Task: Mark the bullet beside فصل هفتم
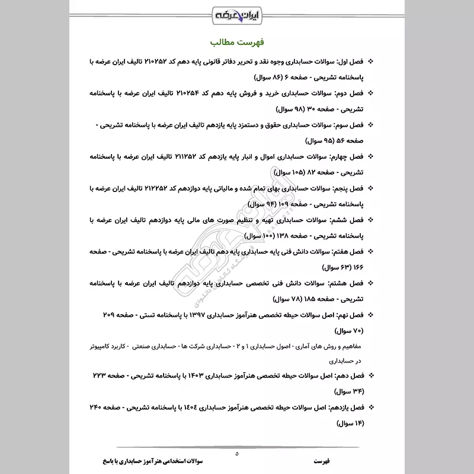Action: (x=371, y=251)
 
